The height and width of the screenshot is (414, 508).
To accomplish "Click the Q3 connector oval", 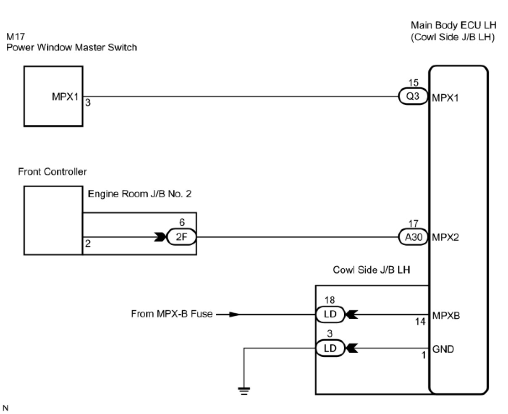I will click(413, 97).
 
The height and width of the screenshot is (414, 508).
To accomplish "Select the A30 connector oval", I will click(413, 237).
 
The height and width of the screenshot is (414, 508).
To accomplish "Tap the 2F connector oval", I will click(181, 237).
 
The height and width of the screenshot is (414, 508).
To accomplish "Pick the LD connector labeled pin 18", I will click(330, 314).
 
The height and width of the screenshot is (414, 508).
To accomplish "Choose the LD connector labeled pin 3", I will click(330, 348).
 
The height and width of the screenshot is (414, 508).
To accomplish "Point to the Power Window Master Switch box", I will click(53, 96).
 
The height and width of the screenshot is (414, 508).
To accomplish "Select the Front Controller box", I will click(53, 220).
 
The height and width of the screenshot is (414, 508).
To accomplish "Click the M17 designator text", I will click(16, 37).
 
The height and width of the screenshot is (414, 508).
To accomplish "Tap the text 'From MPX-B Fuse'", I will click(172, 314).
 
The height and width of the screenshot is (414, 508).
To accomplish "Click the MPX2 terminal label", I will click(445, 238).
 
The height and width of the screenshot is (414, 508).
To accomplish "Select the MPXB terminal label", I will click(446, 315).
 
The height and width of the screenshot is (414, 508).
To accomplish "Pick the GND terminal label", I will click(443, 349).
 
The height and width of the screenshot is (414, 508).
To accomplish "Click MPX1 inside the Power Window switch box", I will click(65, 97).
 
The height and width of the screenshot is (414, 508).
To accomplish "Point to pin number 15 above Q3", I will click(414, 83).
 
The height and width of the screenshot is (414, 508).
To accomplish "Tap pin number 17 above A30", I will click(413, 224).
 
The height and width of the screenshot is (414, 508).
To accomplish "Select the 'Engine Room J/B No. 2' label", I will click(140, 194).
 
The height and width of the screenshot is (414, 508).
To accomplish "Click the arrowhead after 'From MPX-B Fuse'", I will click(234, 314).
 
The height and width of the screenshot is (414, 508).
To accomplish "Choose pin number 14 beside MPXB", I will click(420, 322).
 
